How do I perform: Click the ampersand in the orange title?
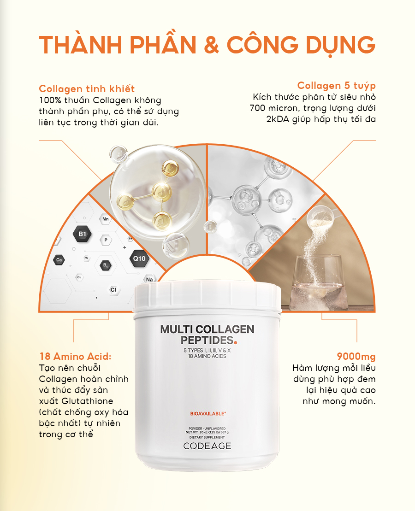coord(211,45)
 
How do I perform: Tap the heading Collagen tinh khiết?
coord(87,88)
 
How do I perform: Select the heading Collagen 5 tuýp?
coord(336,86)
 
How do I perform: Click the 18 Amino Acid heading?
coord(75,356)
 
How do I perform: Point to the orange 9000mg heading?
coord(356,357)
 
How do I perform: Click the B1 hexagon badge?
coord(82,234)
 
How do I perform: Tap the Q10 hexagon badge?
coord(139,259)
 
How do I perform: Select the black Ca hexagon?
coord(59,260)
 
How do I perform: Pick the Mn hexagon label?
coord(106,219)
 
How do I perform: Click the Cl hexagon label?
coord(113,290)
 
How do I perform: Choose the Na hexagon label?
coord(149,279)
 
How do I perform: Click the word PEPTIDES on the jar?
coord(207,340)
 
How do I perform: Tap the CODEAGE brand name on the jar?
coord(207,446)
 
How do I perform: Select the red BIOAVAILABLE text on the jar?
coord(208,414)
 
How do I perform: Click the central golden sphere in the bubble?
coord(162,192)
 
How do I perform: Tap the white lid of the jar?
coord(207,295)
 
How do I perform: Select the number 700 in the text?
coord(257,108)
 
